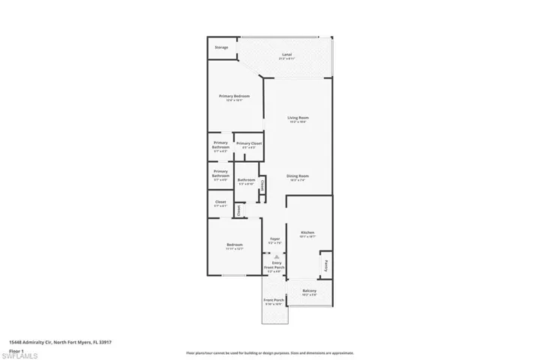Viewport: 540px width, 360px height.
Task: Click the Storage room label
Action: [x=221, y=47]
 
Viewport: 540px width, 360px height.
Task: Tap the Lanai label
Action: [x=286, y=54]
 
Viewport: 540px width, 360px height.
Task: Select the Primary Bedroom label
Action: [x=234, y=96]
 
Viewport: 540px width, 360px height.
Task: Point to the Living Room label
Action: [x=298, y=118]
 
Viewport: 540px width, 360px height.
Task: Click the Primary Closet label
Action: [x=248, y=143]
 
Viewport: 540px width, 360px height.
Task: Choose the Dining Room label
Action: [x=298, y=176]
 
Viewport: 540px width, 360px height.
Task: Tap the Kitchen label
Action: [x=307, y=232]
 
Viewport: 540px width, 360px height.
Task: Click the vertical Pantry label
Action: [x=328, y=265]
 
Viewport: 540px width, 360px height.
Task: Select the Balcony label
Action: [x=309, y=291]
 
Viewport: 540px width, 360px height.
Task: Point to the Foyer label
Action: [x=274, y=239]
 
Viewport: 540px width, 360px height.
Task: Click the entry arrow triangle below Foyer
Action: [x=274, y=256]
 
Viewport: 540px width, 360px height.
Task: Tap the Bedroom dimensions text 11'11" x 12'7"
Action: [x=235, y=250]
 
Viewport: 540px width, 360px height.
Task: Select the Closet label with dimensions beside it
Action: [x=220, y=202]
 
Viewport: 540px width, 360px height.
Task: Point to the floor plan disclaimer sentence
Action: [x=269, y=352]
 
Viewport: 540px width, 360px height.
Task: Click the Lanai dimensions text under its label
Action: [x=286, y=58]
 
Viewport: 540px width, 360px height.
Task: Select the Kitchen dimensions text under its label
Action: [x=307, y=237]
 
